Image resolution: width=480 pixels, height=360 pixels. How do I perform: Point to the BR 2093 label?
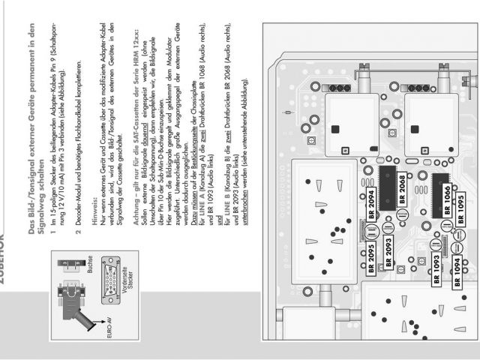pyautogui.click(x=388, y=257)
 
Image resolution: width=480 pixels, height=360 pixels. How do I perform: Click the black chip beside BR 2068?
pyautogui.click(x=387, y=187)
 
